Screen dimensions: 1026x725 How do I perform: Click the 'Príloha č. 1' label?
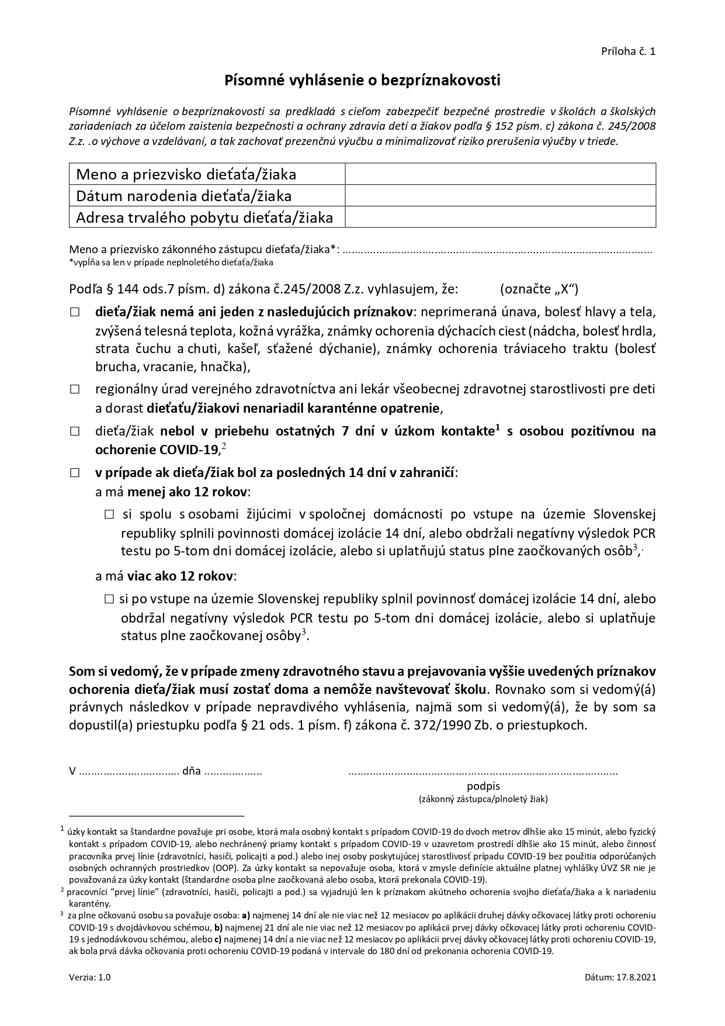click(628, 51)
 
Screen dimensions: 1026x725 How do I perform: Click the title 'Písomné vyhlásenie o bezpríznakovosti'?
click(362, 81)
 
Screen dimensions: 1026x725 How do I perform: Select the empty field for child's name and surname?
click(500, 174)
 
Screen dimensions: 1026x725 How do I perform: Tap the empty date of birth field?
click(500, 196)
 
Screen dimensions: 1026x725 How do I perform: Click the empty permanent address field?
click(500, 217)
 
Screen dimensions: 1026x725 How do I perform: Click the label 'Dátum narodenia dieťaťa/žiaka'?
click(184, 196)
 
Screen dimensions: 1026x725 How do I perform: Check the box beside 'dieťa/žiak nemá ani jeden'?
click(75, 312)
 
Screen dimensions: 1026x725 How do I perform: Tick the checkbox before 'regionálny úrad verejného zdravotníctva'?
click(75, 389)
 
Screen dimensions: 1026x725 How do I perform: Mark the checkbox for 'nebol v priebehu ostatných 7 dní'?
click(75, 431)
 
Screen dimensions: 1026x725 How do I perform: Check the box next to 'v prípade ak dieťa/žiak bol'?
click(75, 473)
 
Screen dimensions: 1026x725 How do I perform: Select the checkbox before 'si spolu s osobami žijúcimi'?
click(109, 514)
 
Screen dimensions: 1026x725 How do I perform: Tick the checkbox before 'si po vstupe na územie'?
click(109, 599)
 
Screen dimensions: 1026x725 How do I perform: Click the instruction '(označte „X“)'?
click(539, 289)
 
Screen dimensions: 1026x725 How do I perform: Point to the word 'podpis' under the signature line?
click(483, 786)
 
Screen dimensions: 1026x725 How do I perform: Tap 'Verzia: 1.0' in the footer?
click(89, 977)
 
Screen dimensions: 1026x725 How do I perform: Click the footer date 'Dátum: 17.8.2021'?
click(620, 977)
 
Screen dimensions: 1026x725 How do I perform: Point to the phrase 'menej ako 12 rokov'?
click(188, 492)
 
